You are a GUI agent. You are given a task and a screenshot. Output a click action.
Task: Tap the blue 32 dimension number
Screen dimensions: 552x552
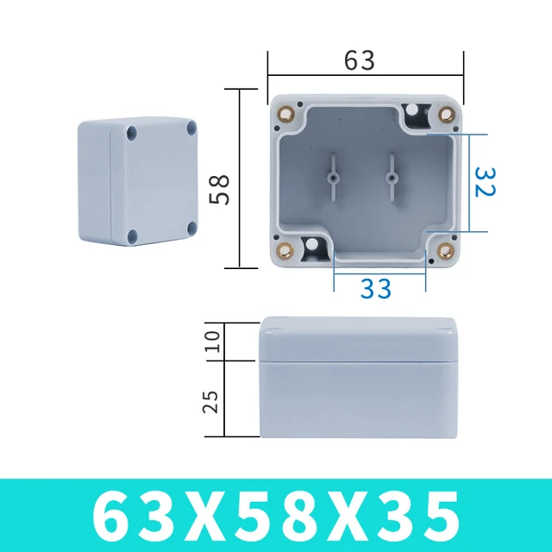pos(485,181)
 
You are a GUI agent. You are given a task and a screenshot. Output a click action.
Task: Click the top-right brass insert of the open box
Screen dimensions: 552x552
pos(446,114)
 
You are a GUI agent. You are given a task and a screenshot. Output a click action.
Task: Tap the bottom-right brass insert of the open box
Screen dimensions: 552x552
pos(445,252)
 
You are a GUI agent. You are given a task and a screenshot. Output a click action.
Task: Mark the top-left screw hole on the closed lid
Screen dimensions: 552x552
pos(131,134)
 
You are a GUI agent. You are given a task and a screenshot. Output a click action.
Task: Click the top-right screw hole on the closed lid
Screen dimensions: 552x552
pos(191,129)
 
